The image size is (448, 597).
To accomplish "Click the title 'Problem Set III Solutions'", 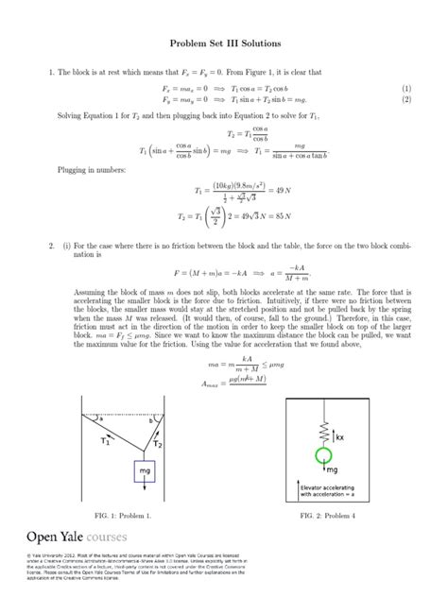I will [223, 44].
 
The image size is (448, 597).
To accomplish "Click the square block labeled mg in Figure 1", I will [145, 469].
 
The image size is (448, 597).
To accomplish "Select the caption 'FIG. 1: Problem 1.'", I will [123, 517].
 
